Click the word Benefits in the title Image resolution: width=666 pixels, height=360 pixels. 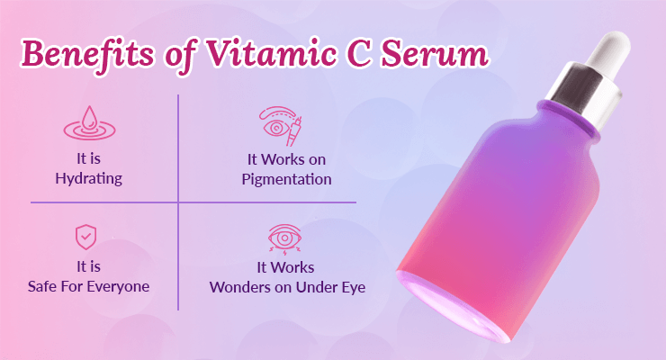87,54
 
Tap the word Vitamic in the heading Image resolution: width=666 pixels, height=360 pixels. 272,53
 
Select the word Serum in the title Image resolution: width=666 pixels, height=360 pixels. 435,54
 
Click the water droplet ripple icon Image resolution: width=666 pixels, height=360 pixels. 89,123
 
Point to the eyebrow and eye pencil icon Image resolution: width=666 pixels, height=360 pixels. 281,126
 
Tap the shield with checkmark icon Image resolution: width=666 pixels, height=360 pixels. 85,237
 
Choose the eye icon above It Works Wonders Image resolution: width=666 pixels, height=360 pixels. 285,239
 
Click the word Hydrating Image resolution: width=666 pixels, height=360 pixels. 89,178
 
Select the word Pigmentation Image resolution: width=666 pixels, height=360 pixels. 287,179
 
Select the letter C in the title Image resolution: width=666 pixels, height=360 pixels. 359,54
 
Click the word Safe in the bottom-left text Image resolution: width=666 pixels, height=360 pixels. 42,286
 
